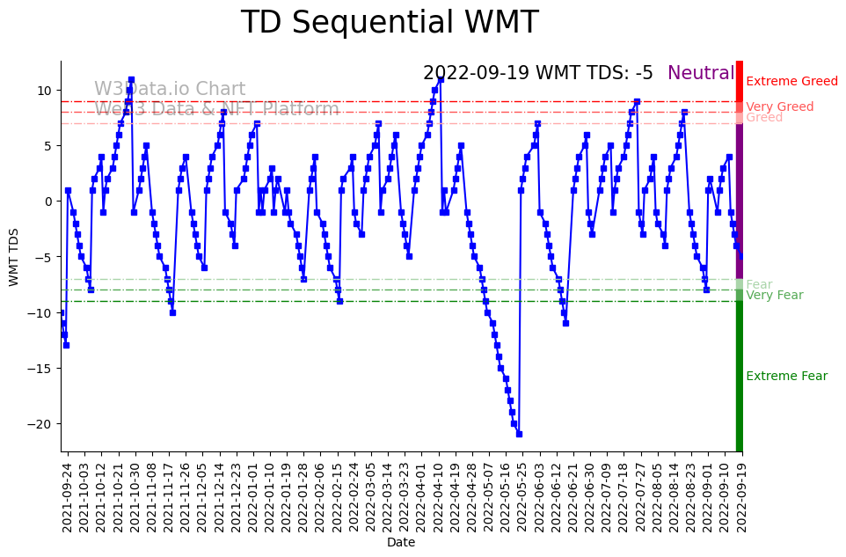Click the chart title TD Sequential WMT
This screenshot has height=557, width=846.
point(389,23)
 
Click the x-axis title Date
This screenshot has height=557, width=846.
point(401,543)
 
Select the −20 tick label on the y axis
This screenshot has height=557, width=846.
point(40,423)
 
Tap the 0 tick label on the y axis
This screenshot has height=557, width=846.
point(48,202)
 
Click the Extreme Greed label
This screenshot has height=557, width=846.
point(791,82)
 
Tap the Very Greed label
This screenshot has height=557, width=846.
point(779,107)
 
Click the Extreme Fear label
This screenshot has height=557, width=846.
point(786,377)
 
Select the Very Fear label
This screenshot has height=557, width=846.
point(774,296)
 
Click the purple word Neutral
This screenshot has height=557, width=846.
point(700,74)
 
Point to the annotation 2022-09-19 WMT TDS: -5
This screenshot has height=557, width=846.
point(537,74)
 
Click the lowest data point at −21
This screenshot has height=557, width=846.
point(519,434)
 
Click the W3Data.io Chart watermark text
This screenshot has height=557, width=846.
point(170,90)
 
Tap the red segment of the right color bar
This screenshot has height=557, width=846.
point(740,88)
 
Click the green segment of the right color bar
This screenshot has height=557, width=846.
point(740,378)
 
